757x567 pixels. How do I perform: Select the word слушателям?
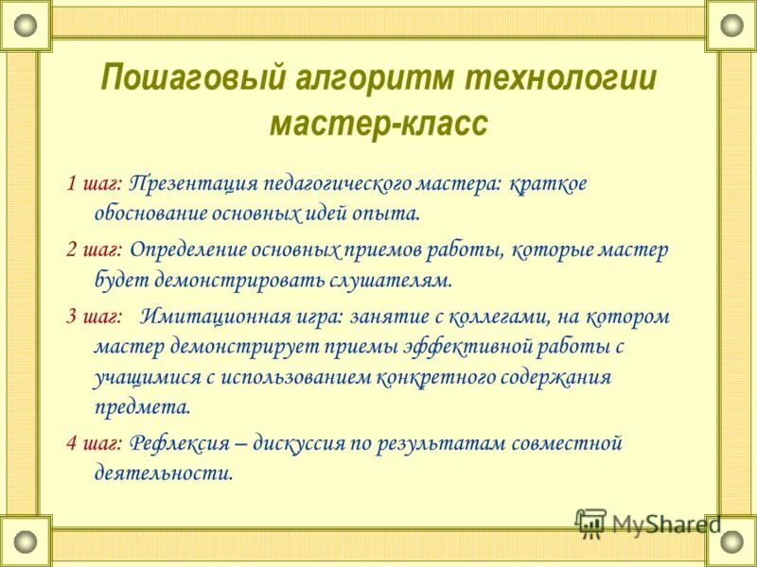[391, 281]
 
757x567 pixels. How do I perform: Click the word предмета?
[142, 407]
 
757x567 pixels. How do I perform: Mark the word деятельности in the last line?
[163, 472]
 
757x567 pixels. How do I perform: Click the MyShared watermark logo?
[648, 523]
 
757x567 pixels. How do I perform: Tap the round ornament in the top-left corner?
[25, 25]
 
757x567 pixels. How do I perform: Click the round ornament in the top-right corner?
[731, 25]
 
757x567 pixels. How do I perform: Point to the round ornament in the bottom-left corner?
[25, 541]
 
